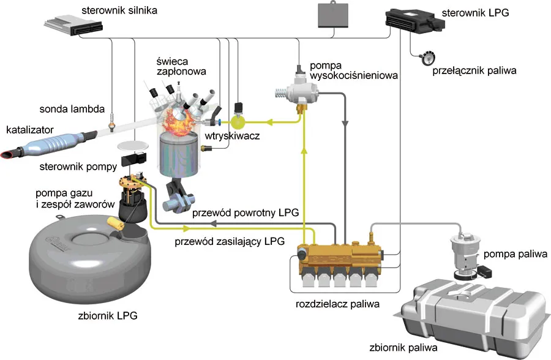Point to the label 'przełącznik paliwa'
pyautogui.click(x=474, y=70)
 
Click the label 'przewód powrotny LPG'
pyautogui.click(x=245, y=214)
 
